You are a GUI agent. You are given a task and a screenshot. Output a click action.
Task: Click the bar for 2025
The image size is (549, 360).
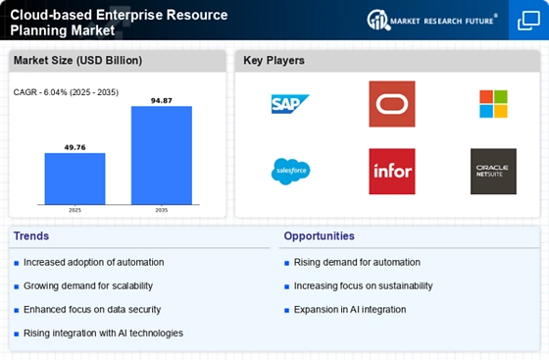pos(75,179)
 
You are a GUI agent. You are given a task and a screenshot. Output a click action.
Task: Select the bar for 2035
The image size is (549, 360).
pos(162,155)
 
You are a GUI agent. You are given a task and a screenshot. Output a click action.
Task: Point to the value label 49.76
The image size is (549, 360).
pos(75,147)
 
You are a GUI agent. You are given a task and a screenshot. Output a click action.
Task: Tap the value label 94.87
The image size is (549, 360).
pos(162,101)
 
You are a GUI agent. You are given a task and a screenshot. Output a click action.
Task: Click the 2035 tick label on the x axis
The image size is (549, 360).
pos(162,210)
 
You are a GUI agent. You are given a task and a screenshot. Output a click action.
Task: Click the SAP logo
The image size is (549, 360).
pos(290,104)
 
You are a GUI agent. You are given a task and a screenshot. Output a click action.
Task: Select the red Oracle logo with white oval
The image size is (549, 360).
pos(392,104)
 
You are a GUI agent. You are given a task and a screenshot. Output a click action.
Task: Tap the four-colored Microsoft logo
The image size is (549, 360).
pos(493,104)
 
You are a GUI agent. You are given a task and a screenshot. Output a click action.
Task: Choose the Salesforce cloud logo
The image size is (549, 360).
pos(290,172)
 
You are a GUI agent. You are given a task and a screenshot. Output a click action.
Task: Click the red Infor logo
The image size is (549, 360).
pos(392,172)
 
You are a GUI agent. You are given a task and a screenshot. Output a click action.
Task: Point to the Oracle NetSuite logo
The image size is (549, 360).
pos(493,172)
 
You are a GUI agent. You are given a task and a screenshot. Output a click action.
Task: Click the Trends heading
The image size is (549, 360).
pos(31,236)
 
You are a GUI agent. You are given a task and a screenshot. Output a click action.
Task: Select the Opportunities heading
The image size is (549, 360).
pos(319,236)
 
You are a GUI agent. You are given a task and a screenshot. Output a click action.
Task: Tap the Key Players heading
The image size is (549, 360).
pos(274,61)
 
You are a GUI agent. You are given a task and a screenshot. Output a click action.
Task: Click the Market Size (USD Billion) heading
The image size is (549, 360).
pos(77,61)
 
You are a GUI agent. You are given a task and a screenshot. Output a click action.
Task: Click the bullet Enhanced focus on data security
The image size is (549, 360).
pos(92,310)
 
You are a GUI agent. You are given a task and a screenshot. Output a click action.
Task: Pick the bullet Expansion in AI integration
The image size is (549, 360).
pos(350,310)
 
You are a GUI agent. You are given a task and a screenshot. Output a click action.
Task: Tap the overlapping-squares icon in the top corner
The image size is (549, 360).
pos(528,21)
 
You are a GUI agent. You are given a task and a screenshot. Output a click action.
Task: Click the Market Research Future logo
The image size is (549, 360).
pos(432,21)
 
